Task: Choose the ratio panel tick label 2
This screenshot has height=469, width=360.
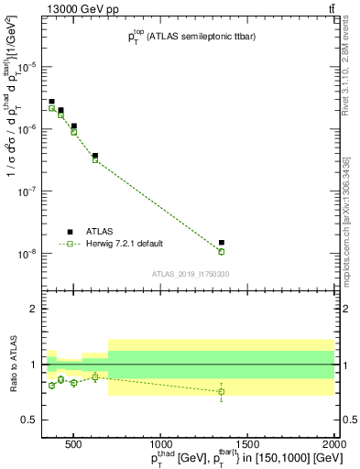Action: [x=34, y=309]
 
